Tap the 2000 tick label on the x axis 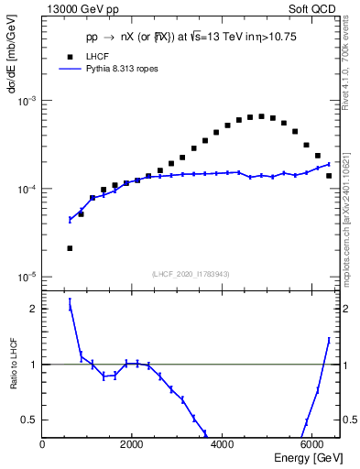(132, 444)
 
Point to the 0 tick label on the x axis (43, 444)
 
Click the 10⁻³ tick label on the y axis (27, 101)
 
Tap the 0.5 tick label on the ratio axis (28, 420)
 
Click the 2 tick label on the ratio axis (34, 309)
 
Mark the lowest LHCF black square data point (70, 248)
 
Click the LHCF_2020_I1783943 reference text (190, 275)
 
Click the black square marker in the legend (71, 56)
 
